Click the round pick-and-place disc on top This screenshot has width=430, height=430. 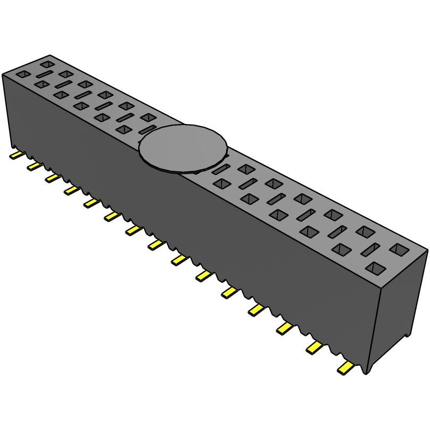tap(183, 149)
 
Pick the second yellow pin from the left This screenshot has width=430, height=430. tap(34, 167)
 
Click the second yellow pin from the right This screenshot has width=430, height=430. tap(315, 348)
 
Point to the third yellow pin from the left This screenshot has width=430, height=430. tap(52, 178)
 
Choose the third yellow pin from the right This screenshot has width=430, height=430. tap(285, 328)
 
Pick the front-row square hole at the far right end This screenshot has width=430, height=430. tap(376, 268)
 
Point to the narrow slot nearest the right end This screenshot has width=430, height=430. tap(372, 249)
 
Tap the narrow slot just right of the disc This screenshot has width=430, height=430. tap(220, 170)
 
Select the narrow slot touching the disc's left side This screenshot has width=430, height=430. tap(145, 129)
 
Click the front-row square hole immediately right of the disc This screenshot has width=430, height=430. tap(221, 184)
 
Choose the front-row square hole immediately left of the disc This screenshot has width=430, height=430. tap(123, 129)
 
